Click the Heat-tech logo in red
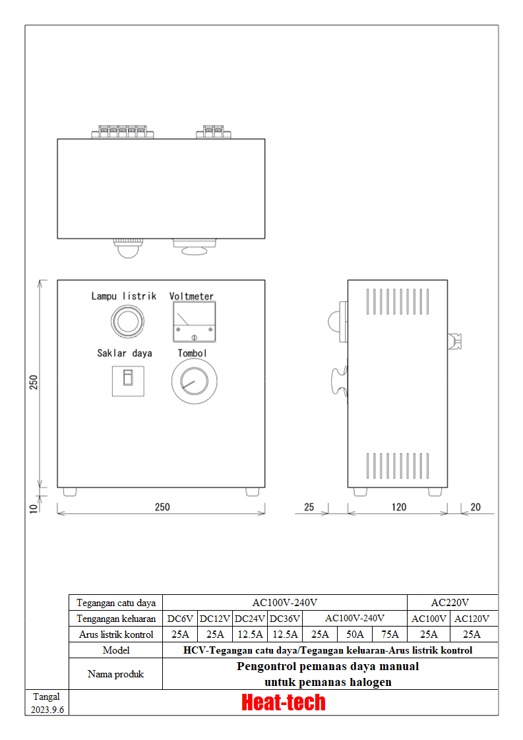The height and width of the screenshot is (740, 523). tap(283, 702)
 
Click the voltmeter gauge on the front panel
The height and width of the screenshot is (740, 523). tap(194, 322)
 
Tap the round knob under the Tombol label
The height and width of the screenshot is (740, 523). tap(194, 381)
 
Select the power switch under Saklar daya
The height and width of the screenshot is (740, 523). tap(128, 381)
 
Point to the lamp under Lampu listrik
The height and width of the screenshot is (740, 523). tap(127, 322)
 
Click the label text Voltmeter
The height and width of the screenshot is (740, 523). tap(191, 296)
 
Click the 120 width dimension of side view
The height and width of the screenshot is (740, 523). tap(399, 507)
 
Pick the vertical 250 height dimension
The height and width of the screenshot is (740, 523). tap(34, 383)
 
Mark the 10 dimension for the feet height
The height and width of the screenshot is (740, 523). tap(34, 509)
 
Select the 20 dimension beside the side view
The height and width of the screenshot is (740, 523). tap(476, 507)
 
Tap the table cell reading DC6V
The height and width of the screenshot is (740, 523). tap(180, 619)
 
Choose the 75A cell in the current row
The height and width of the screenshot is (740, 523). tap(390, 634)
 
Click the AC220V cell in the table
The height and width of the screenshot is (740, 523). tap(450, 603)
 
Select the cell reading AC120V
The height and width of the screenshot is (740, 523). tap(472, 619)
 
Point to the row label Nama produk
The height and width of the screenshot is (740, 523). tap(115, 674)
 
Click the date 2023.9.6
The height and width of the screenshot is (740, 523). tap(47, 710)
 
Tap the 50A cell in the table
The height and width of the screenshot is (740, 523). tap(355, 634)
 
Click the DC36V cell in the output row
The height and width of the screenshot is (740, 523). tap(285, 619)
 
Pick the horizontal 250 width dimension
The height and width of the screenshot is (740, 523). tap(162, 507)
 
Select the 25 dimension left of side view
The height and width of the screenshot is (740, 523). tap(309, 507)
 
